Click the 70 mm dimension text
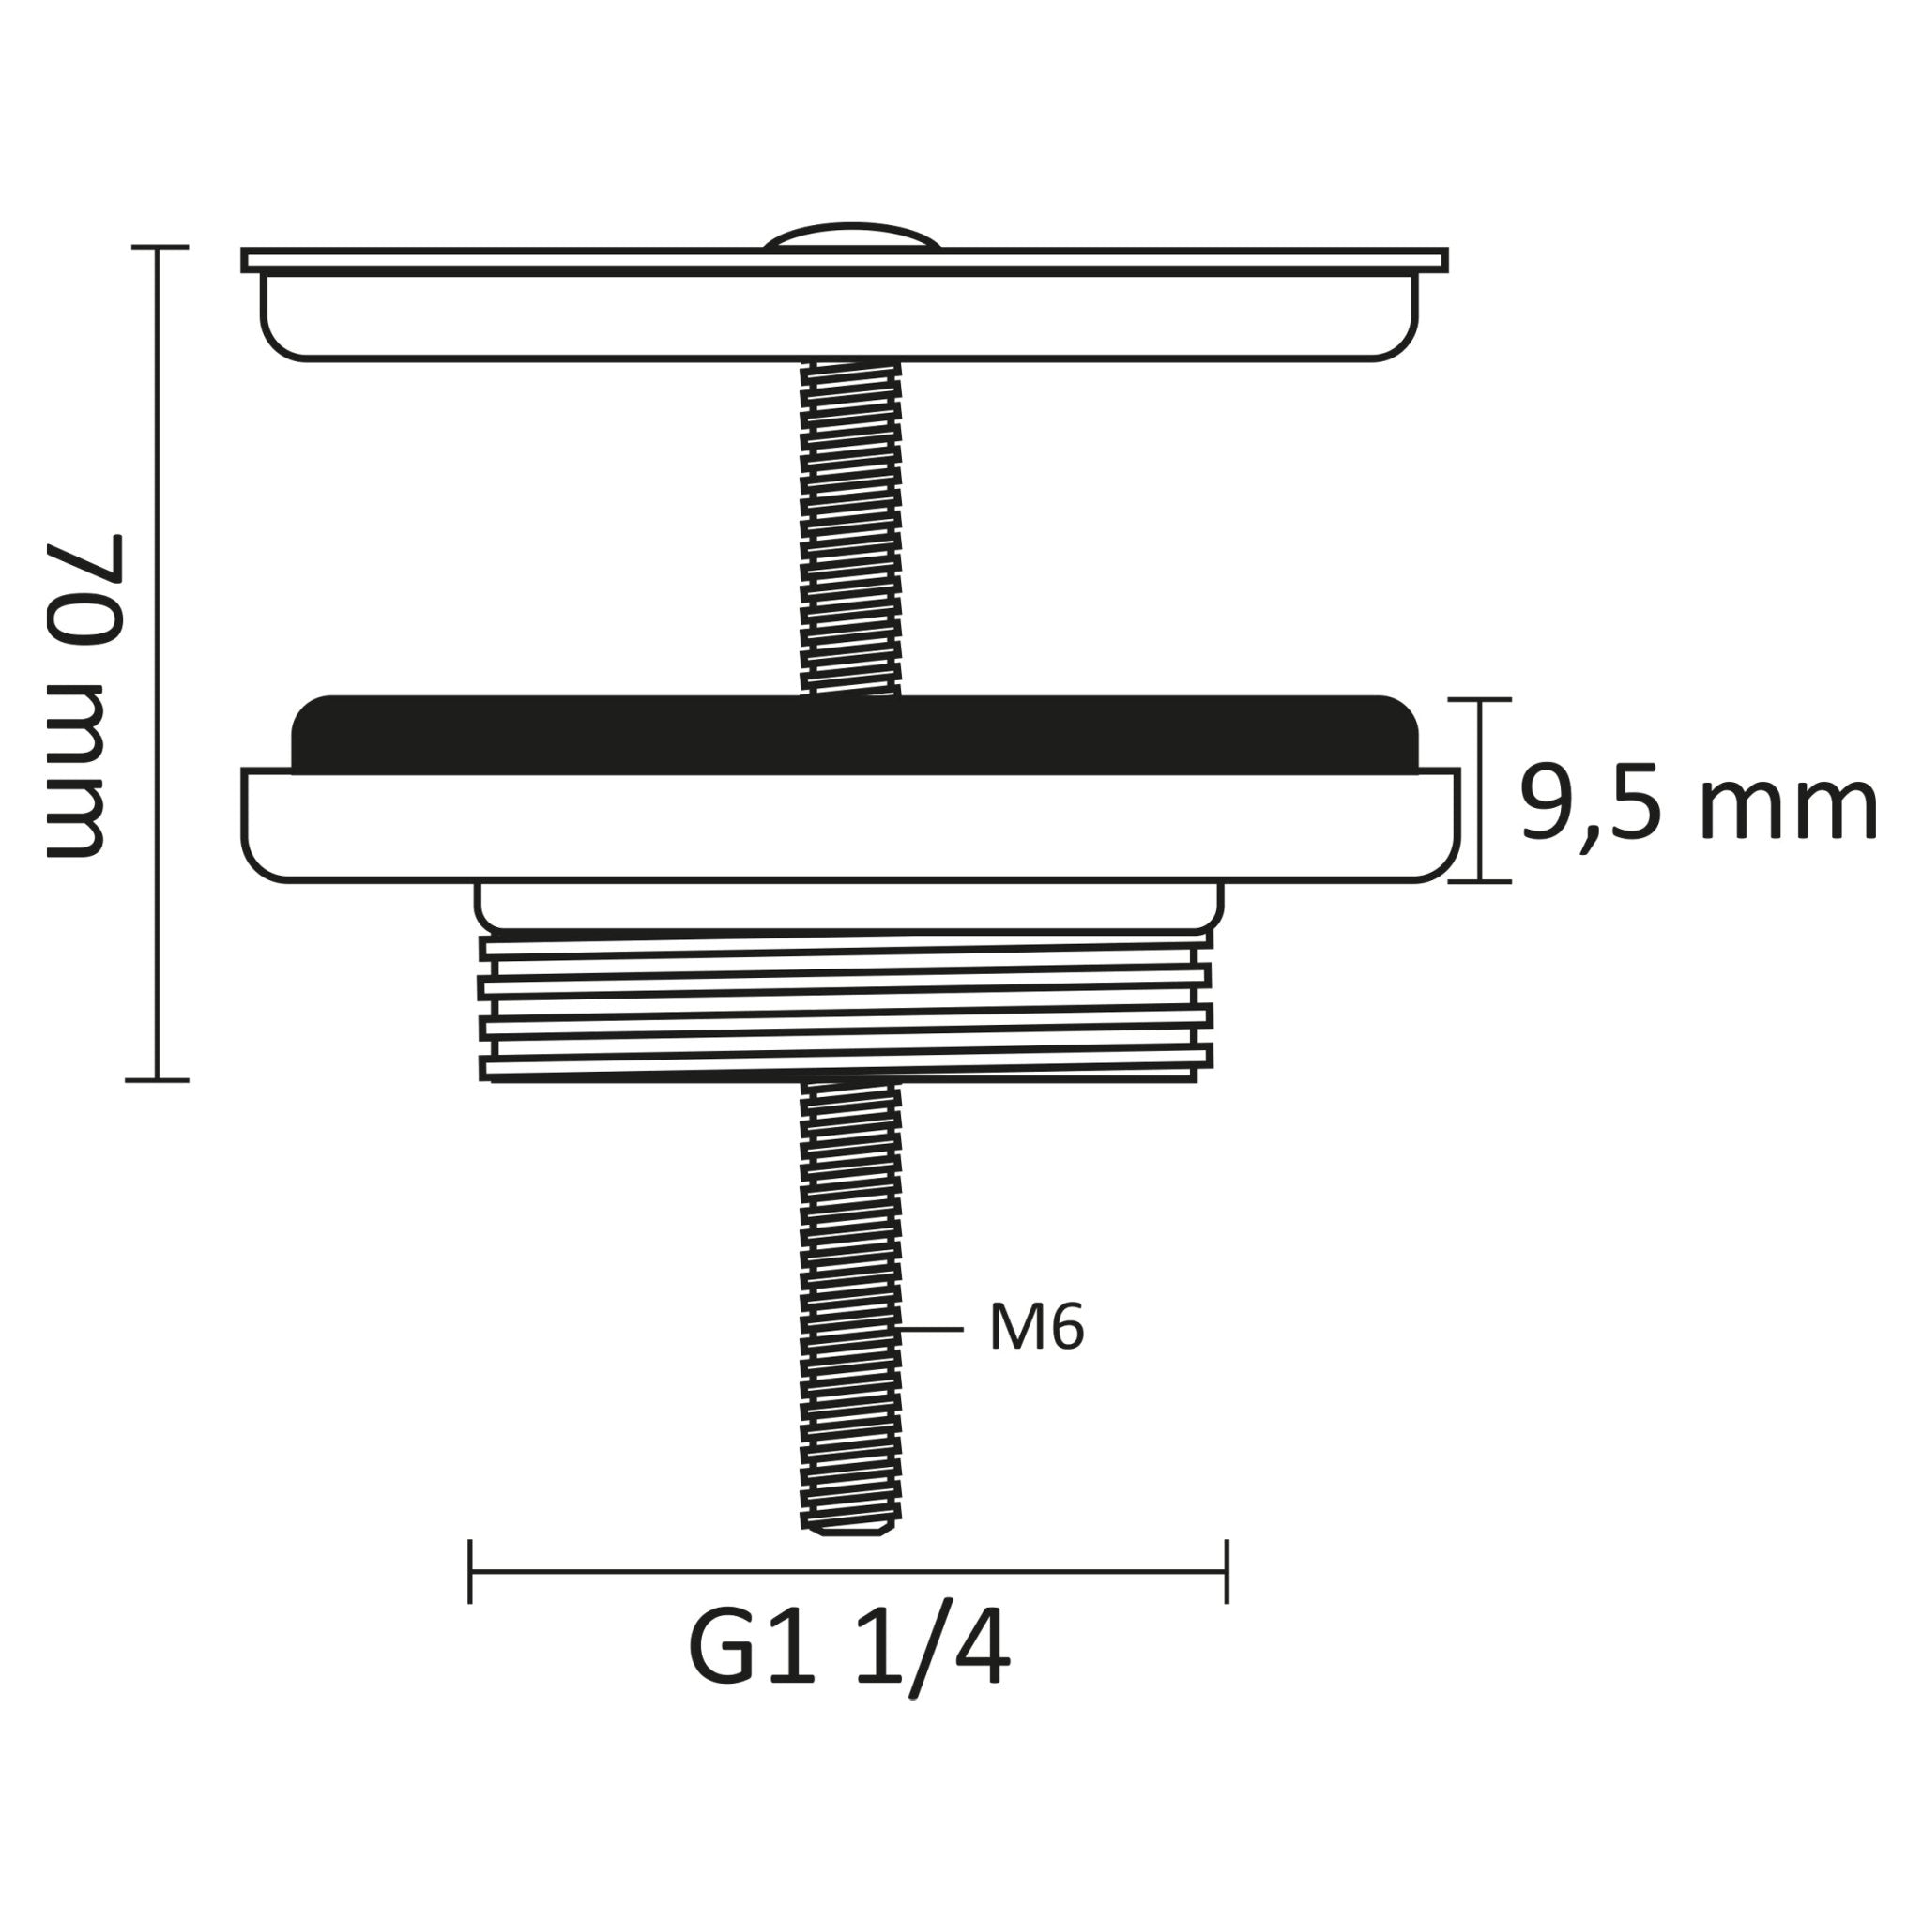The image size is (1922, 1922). (85, 695)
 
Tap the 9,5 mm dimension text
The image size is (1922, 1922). (1697, 805)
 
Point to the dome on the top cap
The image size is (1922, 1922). (850, 236)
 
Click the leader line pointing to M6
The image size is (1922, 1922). (931, 1329)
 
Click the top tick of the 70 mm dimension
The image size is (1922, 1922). (160, 247)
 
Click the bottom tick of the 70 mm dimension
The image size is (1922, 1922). (157, 1079)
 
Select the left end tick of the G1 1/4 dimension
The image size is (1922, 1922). (469, 1572)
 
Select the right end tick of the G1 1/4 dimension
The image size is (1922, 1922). (1227, 1572)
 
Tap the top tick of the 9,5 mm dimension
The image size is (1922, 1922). (1479, 700)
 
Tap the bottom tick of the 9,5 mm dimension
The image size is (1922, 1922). (1479, 881)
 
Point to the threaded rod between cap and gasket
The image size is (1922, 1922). (850, 527)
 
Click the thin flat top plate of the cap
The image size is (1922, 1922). (846, 261)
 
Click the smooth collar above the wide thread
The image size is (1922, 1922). (848, 906)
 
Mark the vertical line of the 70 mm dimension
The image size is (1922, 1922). (157, 657)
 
